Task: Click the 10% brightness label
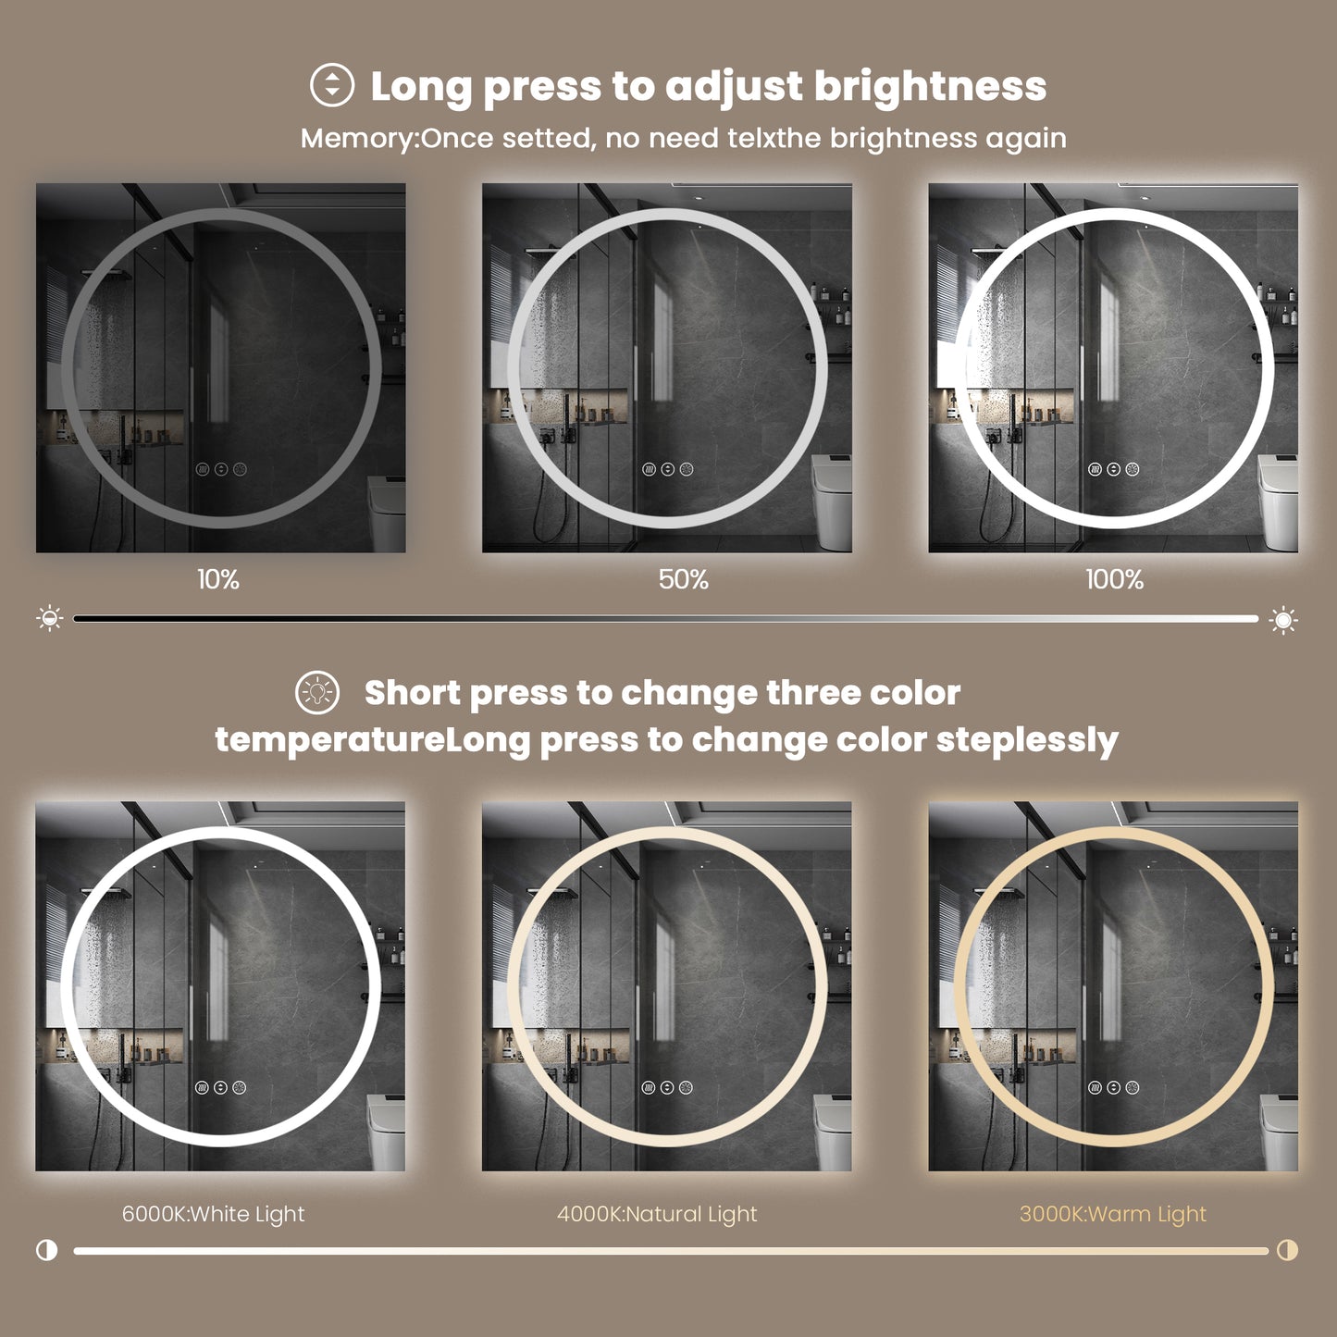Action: [218, 580]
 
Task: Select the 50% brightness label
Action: [684, 580]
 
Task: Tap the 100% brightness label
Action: [1114, 580]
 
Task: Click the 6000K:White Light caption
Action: [213, 1214]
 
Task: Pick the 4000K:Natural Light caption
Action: [657, 1214]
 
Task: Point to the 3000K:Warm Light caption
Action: [1113, 1214]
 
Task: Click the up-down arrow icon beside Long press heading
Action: [332, 86]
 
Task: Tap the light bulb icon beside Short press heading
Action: [317, 692]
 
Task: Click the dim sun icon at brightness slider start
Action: [50, 618]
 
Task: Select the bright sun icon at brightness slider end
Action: [1283, 619]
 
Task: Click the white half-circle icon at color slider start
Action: [46, 1250]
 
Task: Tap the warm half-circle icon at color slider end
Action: [1287, 1250]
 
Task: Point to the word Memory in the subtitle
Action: [358, 139]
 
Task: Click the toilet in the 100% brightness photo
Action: [1279, 500]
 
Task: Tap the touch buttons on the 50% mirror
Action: [667, 469]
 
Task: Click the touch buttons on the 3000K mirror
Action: [1113, 1087]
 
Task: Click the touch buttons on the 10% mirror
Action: [221, 469]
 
